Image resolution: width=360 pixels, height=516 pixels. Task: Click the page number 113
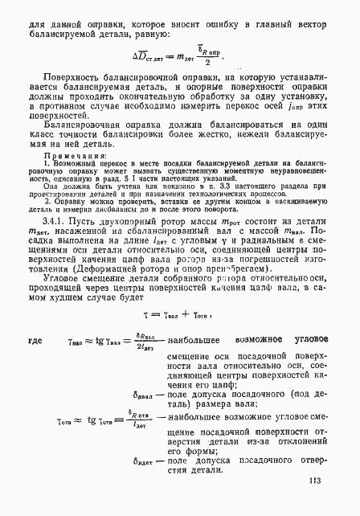pos(314,481)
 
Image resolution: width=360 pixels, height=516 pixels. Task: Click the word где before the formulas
pos(36,341)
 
